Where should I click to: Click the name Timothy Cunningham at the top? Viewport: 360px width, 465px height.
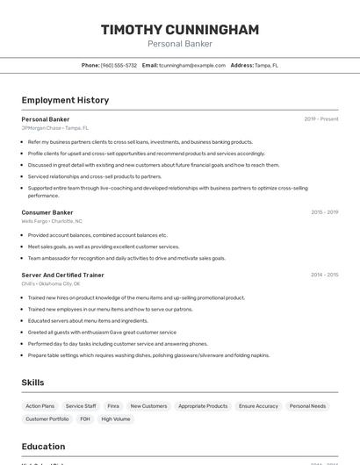(x=180, y=30)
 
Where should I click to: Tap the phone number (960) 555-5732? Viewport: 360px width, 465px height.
(x=119, y=65)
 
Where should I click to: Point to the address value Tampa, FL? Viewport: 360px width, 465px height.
(x=266, y=65)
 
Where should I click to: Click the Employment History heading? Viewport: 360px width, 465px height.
(x=65, y=100)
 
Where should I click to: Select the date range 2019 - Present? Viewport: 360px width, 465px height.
(x=321, y=119)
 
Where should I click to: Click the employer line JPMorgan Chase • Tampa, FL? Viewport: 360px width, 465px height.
(x=55, y=128)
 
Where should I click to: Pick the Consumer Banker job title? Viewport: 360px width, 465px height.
(x=47, y=212)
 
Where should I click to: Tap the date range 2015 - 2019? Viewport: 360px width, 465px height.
(x=325, y=212)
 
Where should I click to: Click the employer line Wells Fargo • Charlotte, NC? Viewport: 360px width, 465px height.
(x=52, y=221)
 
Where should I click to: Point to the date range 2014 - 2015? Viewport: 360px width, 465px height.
(x=325, y=275)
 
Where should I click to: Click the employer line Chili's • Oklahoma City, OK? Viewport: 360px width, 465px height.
(x=51, y=284)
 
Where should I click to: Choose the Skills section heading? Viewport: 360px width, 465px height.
(x=32, y=383)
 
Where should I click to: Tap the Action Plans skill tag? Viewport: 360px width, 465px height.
(x=40, y=406)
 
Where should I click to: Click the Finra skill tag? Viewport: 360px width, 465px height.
(x=113, y=406)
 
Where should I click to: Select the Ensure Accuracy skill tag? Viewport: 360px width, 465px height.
(x=258, y=406)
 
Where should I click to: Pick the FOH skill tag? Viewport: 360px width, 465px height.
(x=85, y=419)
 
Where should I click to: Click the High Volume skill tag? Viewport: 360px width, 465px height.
(x=115, y=419)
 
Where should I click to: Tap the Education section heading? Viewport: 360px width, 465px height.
(x=43, y=446)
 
